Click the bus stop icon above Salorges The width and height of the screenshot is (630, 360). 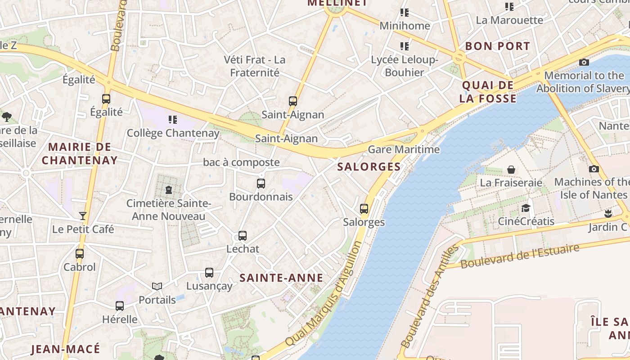pyautogui.click(x=364, y=209)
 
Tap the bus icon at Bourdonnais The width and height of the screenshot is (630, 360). pyautogui.click(x=261, y=184)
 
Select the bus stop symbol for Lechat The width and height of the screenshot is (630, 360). pyautogui.click(x=243, y=236)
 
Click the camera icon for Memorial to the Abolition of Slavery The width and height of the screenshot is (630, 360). pyautogui.click(x=584, y=63)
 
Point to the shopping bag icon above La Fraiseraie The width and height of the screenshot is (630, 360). pyautogui.click(x=511, y=170)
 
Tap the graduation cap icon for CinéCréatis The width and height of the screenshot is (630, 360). pyautogui.click(x=526, y=208)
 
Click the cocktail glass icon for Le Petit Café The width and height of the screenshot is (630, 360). pyautogui.click(x=83, y=216)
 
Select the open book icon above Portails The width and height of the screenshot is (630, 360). pyautogui.click(x=157, y=286)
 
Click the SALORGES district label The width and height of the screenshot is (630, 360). pyautogui.click(x=369, y=166)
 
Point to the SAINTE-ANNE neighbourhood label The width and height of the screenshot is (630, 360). pyautogui.click(x=281, y=278)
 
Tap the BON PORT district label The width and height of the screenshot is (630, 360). pyautogui.click(x=498, y=46)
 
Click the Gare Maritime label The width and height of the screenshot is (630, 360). pyautogui.click(x=404, y=149)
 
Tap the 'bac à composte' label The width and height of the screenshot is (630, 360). pyautogui.click(x=241, y=162)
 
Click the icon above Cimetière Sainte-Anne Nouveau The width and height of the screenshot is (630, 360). pyautogui.click(x=169, y=190)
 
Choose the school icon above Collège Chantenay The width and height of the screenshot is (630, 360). pyautogui.click(x=173, y=120)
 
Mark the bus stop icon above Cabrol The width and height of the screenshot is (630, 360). pyautogui.click(x=80, y=254)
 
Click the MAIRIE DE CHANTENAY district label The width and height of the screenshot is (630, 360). pyautogui.click(x=80, y=153)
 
